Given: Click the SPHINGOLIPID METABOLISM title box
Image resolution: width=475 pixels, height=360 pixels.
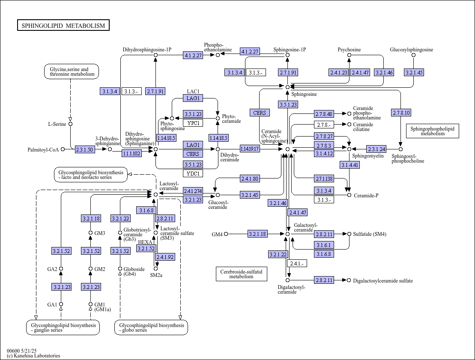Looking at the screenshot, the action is (63, 25).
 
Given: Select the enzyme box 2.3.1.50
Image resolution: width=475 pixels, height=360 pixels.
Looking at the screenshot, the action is (84, 149).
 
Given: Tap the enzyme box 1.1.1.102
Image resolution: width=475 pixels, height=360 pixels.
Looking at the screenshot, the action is (131, 154).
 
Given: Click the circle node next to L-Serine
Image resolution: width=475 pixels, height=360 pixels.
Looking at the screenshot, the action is (71, 124).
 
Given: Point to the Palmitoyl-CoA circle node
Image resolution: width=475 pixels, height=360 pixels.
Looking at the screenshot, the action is (63, 149).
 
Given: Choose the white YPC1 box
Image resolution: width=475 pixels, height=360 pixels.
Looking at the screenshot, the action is (193, 123).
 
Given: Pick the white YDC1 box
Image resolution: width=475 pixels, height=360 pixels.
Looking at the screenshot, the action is (193, 173).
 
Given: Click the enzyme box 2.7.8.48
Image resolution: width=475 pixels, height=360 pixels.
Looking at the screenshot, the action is (324, 114).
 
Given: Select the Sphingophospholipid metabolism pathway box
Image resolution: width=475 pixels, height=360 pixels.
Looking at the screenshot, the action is (432, 131).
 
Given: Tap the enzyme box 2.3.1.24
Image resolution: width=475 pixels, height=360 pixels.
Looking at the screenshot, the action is (376, 149).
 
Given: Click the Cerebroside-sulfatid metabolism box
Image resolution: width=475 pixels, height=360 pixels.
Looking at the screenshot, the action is (242, 274).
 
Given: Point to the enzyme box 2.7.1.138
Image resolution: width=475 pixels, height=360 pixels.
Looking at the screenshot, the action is (324, 179).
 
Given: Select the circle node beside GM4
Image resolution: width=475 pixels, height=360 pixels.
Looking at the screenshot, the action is (226, 234).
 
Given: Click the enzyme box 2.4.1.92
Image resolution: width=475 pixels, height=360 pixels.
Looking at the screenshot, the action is (165, 257).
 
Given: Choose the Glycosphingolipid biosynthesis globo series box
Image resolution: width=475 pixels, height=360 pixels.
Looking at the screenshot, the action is (151, 327).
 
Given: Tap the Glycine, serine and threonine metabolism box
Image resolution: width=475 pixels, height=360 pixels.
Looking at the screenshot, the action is (72, 71).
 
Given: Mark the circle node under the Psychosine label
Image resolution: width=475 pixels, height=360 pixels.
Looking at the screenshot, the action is (349, 55).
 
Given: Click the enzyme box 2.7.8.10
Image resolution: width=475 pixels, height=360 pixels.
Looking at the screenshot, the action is (401, 113).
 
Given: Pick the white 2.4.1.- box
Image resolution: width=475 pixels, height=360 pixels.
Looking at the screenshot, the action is (297, 263).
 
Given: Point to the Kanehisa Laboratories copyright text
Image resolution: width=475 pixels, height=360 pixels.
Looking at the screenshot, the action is (33, 356).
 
